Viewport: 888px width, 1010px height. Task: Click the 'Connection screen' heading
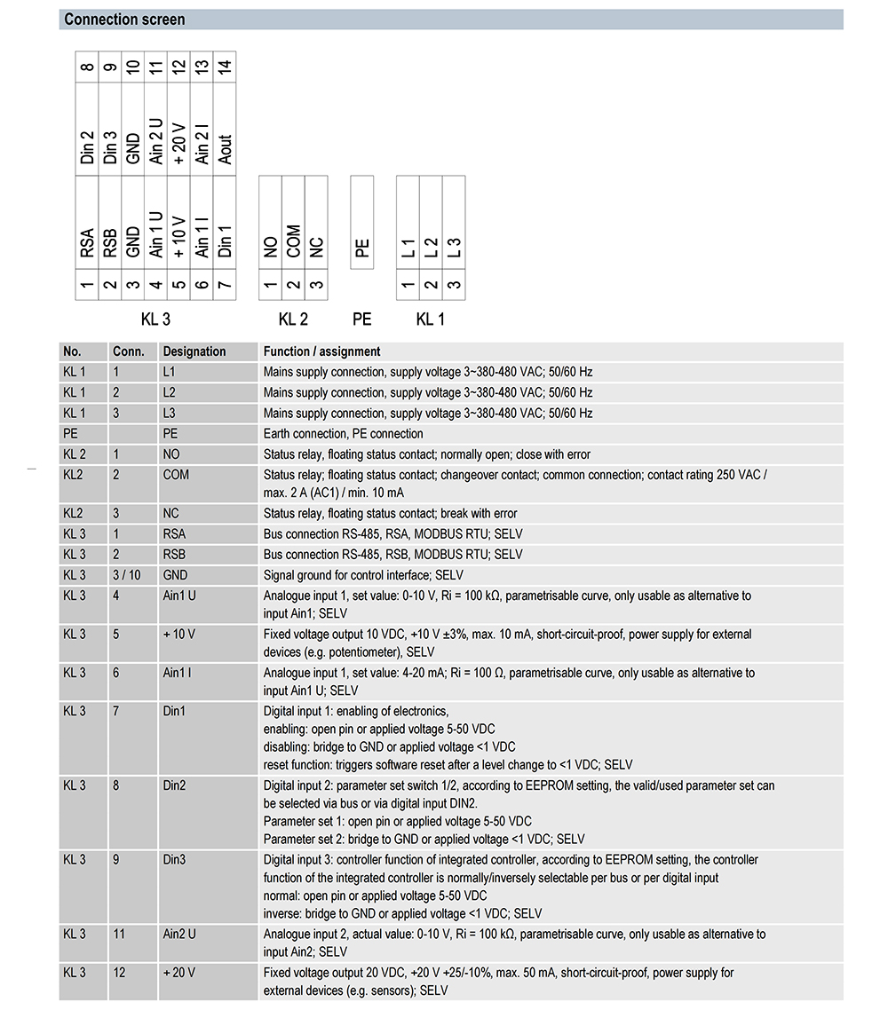coord(125,20)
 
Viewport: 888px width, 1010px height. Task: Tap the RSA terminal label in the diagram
coord(87,243)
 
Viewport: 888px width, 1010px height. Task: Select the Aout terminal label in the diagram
coord(226,148)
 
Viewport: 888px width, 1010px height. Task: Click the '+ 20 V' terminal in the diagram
coord(179,143)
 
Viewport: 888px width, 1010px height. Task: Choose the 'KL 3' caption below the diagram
coord(156,320)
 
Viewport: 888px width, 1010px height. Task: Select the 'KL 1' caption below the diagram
coord(431,320)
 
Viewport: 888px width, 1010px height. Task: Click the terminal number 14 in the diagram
coord(226,67)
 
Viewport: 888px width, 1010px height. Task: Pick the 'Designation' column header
coord(194,351)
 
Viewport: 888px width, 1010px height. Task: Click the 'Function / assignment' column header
coord(322,351)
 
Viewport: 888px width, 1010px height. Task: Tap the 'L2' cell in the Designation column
coord(170,392)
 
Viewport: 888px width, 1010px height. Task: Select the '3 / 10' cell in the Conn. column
coord(127,575)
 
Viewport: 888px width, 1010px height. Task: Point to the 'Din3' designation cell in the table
coord(174,860)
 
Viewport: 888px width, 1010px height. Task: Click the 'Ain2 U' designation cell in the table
coord(179,935)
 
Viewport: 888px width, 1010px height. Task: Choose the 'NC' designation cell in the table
coord(170,513)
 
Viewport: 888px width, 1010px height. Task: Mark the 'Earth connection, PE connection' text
coord(344,434)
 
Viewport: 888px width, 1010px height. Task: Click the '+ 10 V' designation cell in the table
coord(178,635)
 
